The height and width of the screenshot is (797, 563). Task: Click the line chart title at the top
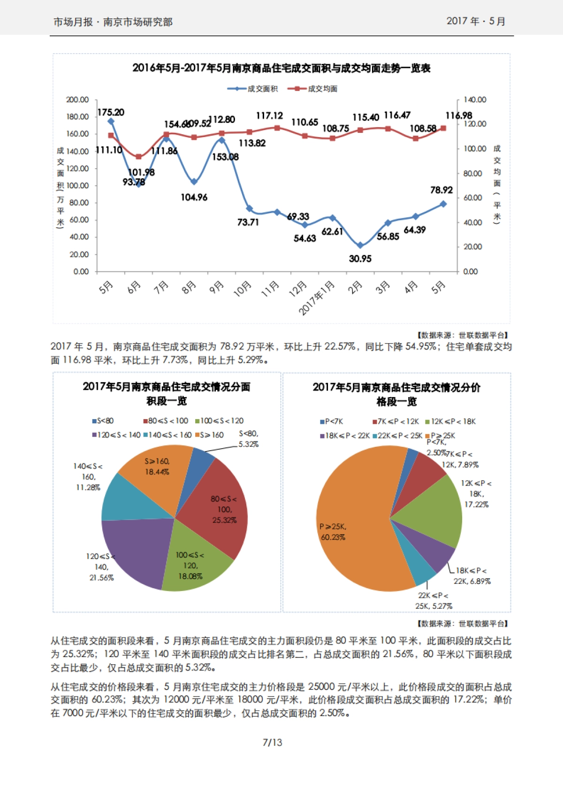coord(281,68)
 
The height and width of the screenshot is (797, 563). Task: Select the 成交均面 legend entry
coord(313,89)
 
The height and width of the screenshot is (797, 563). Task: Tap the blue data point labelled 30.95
coord(360,245)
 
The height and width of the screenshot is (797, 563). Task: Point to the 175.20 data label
coord(111,112)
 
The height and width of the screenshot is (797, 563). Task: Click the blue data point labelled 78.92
coord(443,204)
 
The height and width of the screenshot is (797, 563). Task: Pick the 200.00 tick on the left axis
coord(77,100)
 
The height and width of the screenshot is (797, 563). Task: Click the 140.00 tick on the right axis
coord(475,100)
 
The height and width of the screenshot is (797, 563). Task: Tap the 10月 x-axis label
coord(243,289)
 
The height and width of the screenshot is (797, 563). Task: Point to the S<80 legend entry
coord(103,421)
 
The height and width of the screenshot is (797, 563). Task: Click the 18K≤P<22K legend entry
coord(345,436)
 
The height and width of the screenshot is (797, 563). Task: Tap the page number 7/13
coord(272,743)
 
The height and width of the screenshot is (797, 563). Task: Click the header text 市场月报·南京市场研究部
coord(113,22)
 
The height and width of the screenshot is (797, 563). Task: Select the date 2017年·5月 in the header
coord(476,21)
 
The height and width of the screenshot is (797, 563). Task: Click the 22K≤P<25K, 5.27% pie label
coord(434,601)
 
